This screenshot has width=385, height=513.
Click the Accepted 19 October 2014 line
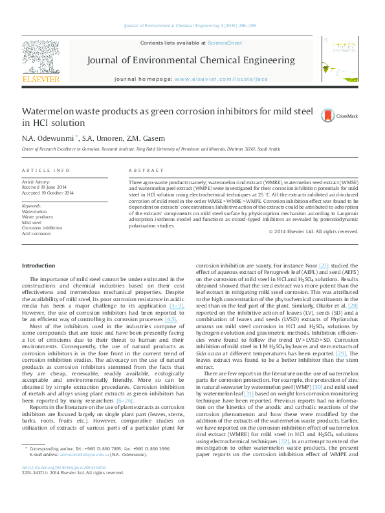[x=48, y=193]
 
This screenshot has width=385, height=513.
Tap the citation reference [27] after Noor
[x=324, y=266]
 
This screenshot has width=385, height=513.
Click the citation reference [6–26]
[x=124, y=401]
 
